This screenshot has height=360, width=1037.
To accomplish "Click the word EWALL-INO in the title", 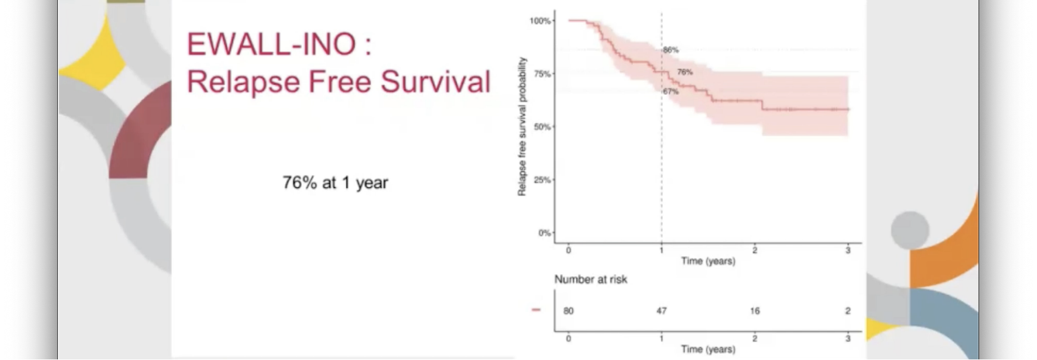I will pos(271,44).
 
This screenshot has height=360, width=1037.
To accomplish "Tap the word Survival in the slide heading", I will pos(435,81).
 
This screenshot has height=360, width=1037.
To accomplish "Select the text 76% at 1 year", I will pos(335,182).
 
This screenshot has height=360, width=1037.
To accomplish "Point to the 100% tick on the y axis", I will pos(540,21).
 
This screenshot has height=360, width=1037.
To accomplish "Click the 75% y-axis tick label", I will pos(542,74).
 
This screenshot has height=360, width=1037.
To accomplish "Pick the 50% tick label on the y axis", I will pos(542,127).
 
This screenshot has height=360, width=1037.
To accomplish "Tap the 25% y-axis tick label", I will pos(542,180).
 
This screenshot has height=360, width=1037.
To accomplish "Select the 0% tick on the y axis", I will pos(544,233).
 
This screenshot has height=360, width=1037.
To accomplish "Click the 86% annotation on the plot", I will pos(671,50).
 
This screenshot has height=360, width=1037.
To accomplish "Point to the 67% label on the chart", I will pos(671,92).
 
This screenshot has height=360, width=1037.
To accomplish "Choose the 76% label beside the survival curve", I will pos(685,72).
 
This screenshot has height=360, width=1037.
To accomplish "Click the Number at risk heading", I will pos(591,279).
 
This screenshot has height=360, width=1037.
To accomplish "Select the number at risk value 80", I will pos(568,311).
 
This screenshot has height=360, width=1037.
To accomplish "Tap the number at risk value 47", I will pos(662,311).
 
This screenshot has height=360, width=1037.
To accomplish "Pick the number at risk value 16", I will pos(755,311).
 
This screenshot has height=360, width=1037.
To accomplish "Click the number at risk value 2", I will pos(848,311).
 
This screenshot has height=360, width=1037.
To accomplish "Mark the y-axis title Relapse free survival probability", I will pos(522,126).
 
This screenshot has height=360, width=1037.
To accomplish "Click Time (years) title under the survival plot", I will pos(708,261).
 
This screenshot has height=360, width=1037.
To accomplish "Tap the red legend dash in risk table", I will pos(536,310).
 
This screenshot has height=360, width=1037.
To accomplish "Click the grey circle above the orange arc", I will pos(910,230).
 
